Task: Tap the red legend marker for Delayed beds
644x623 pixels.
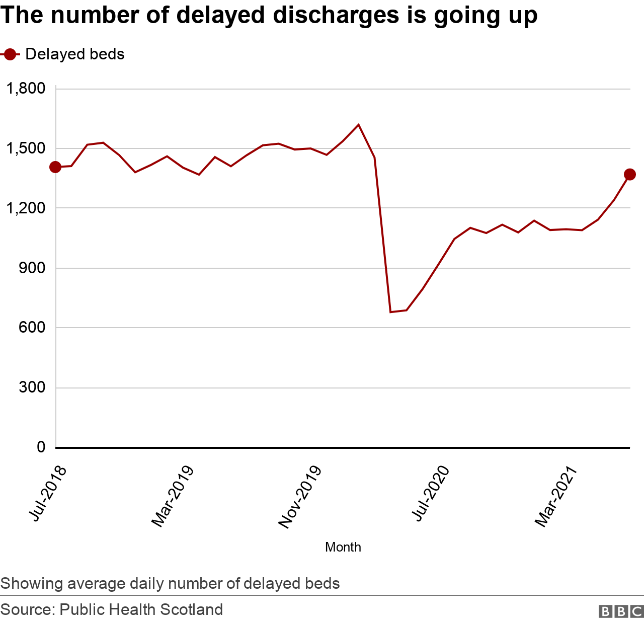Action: tap(10, 54)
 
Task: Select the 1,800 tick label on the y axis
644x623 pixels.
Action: tap(26, 89)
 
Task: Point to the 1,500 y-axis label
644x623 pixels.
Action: tap(26, 148)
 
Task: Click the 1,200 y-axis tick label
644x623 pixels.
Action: tap(26, 208)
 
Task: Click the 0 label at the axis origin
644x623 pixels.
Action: tap(41, 447)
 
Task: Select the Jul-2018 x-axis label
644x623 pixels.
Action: tap(48, 494)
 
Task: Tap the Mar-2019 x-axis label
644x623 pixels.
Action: tap(173, 497)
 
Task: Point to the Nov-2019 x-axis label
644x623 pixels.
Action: tap(299, 497)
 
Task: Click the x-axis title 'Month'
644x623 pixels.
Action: tap(343, 547)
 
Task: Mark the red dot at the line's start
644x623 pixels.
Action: tap(55, 167)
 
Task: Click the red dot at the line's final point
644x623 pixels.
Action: tap(630, 175)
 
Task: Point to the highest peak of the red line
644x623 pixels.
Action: tap(358, 124)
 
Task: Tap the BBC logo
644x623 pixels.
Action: tap(621, 611)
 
